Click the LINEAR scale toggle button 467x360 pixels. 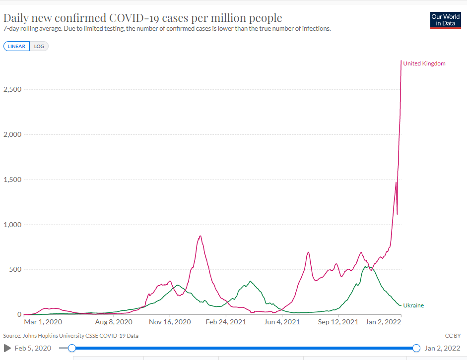coord(16,47)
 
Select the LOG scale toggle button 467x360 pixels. coord(39,47)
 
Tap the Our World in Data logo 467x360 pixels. coord(446,20)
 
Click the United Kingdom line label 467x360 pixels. coord(424,63)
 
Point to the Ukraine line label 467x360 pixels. coord(413,305)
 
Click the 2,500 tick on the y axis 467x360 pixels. coord(12,90)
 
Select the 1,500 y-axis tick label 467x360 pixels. coord(12,180)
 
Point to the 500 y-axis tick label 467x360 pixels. coord(15,270)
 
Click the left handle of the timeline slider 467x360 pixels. coord(72,348)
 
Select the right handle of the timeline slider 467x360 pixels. coord(416,348)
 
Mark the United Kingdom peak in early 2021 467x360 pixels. coord(200,236)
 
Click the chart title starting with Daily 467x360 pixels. coord(143,18)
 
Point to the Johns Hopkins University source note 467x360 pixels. coord(71,336)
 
